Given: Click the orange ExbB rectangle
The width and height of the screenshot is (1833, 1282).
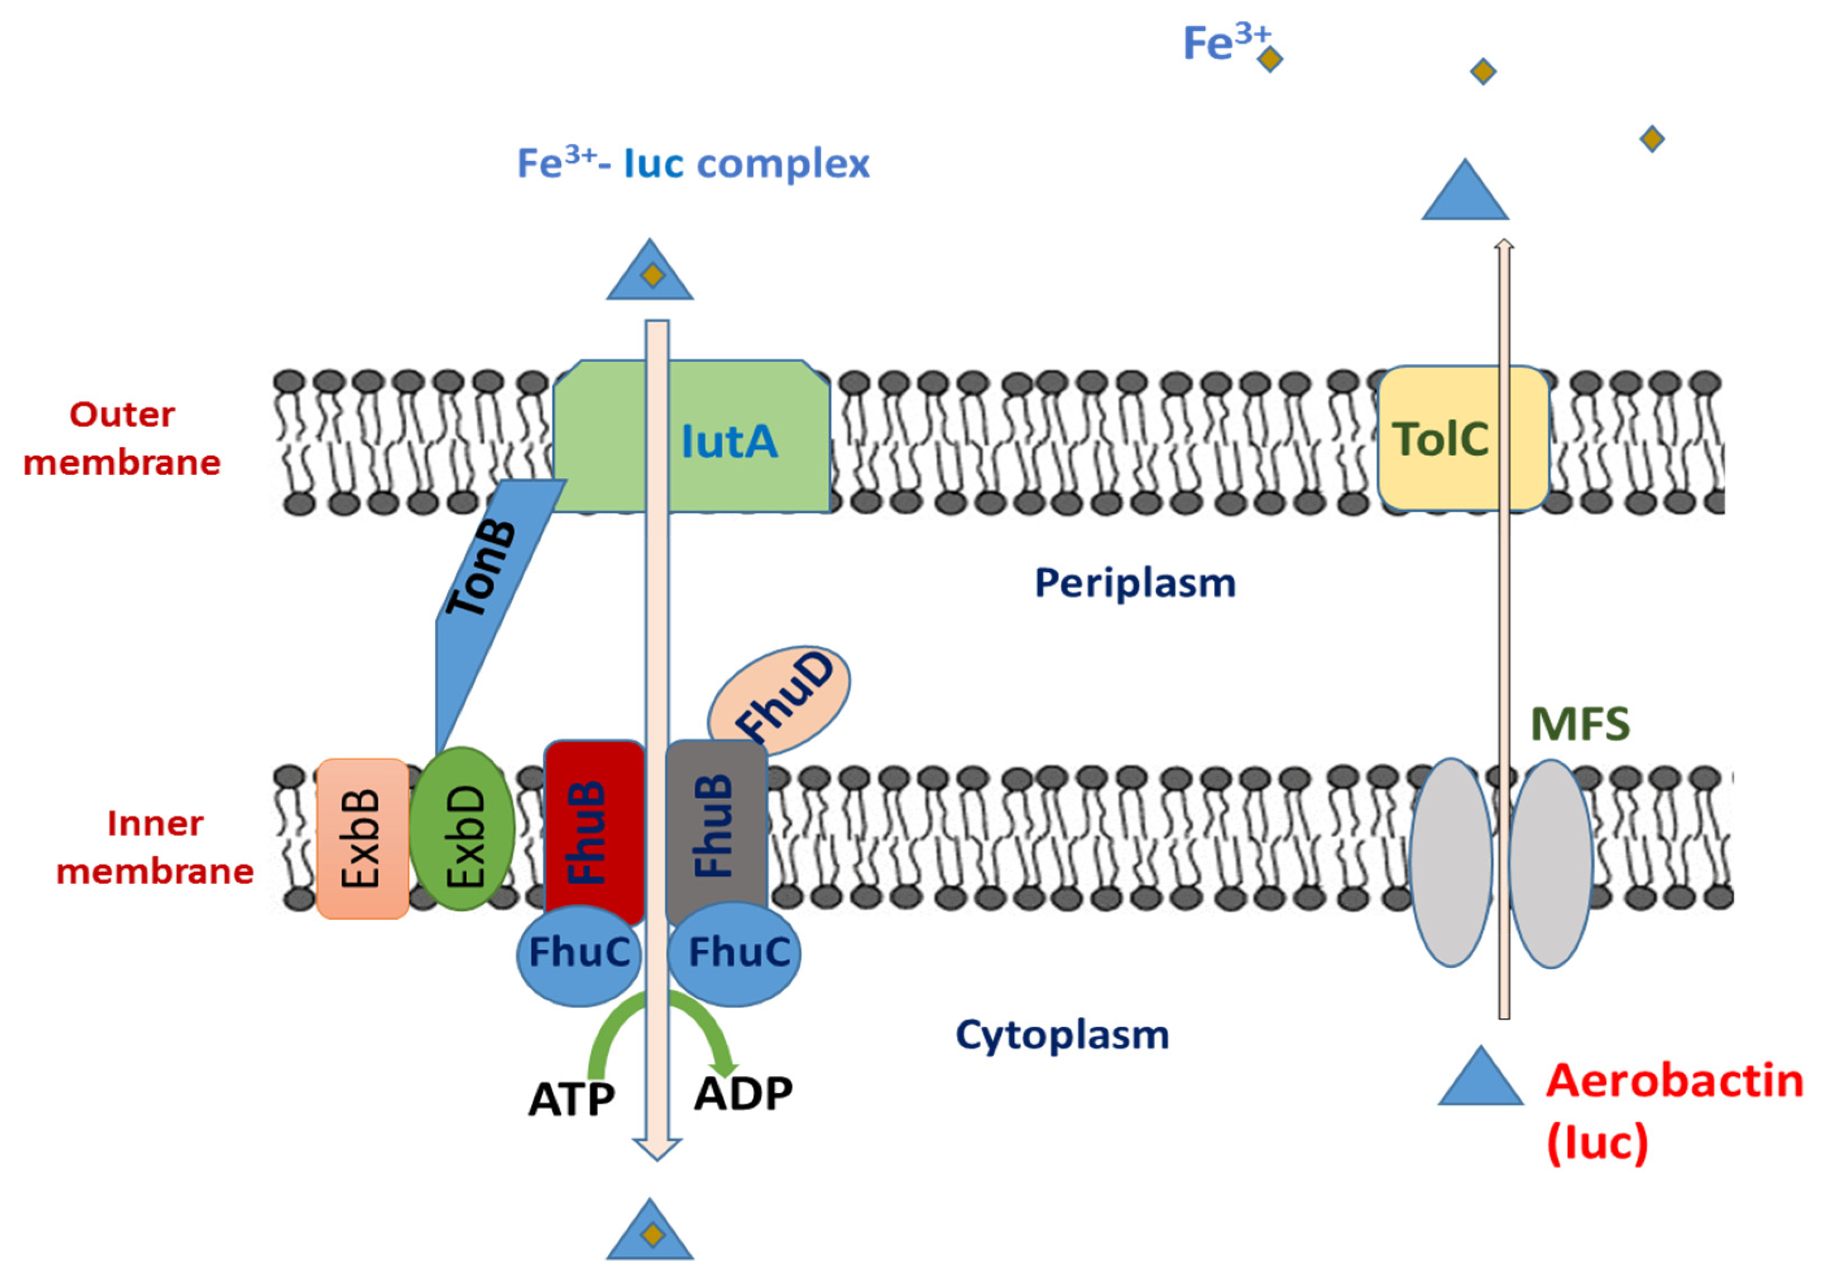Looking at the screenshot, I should click(362, 838).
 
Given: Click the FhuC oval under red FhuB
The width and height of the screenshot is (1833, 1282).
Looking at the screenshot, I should click(578, 954).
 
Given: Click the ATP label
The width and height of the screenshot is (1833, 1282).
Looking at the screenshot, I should click(572, 1100).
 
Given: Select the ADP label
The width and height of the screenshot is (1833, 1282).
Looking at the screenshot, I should click(742, 1093).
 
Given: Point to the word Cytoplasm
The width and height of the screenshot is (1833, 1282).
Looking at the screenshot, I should click(1062, 1035).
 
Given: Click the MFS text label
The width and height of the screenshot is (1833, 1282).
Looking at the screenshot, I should click(1579, 725).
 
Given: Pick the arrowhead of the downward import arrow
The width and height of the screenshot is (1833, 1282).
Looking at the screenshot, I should click(656, 1150).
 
